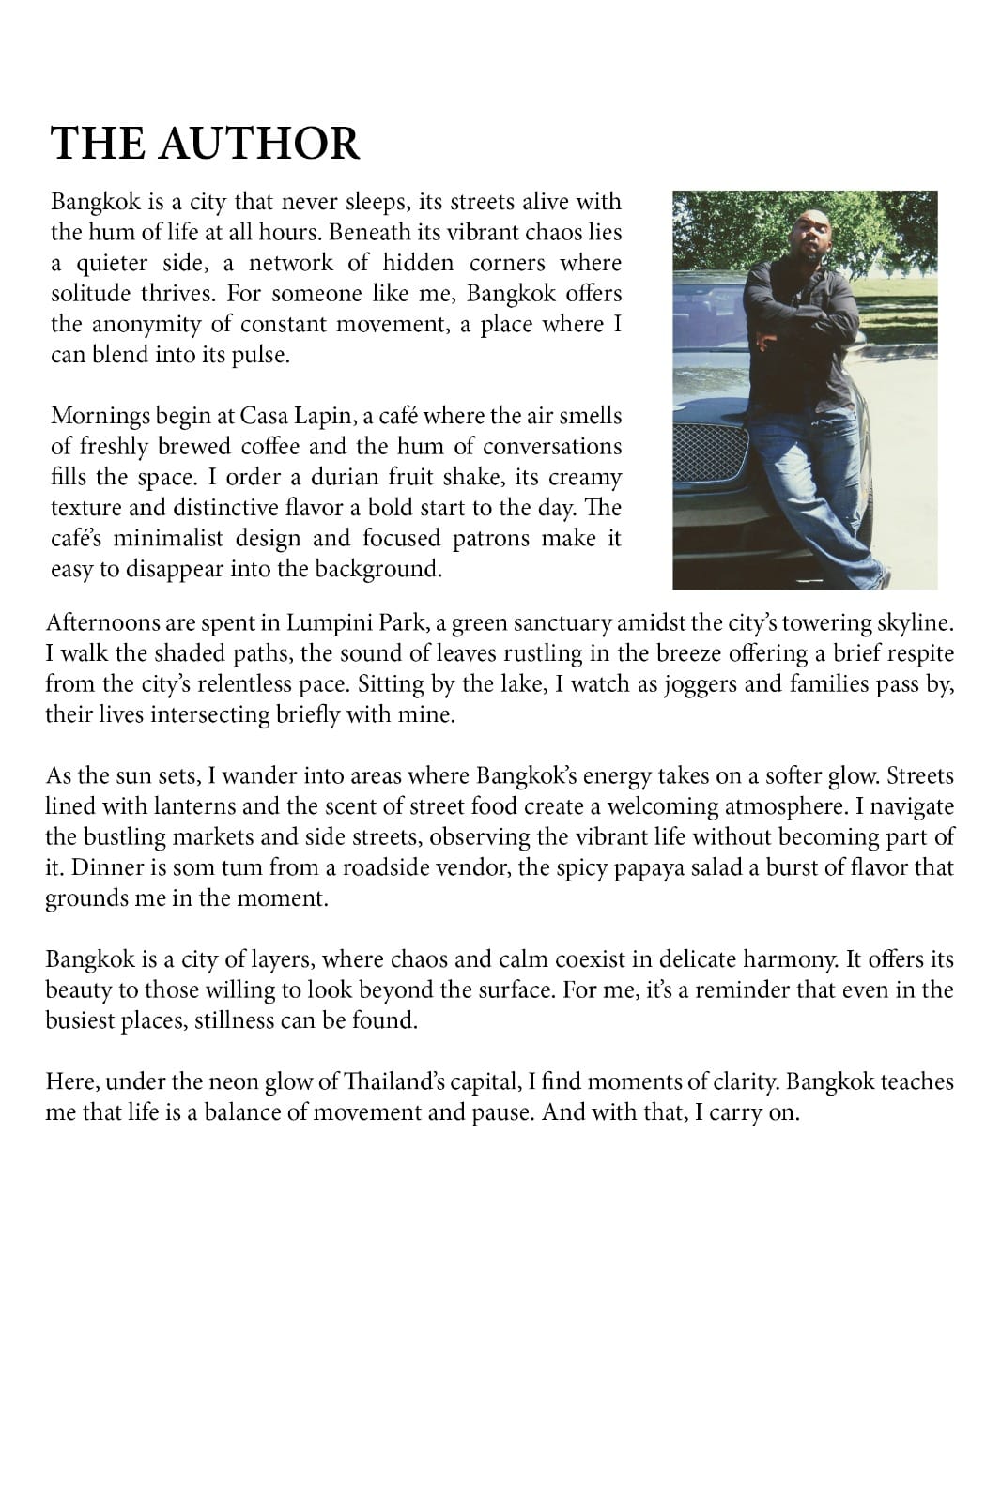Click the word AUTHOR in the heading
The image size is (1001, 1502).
point(259,144)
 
